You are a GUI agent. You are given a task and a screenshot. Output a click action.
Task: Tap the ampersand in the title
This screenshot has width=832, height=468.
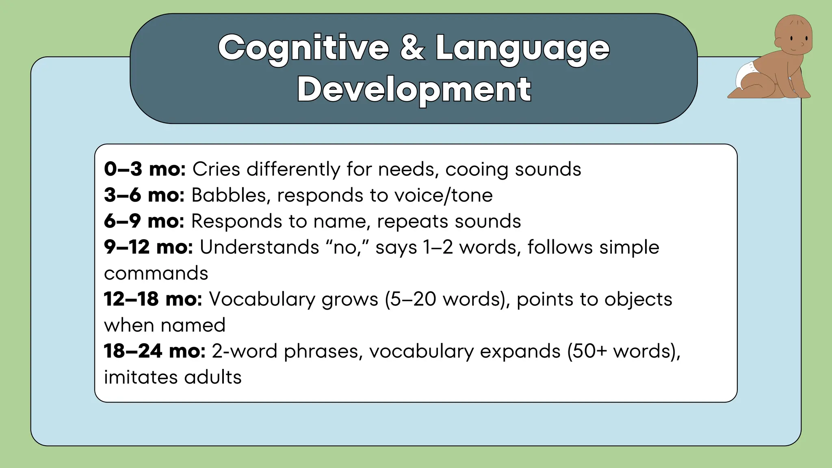412,48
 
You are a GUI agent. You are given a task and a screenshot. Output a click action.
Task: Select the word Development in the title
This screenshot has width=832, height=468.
414,89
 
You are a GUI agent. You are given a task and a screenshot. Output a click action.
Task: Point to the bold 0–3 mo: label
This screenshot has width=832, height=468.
145,169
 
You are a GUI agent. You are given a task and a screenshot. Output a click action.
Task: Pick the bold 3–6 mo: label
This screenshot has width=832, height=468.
144,195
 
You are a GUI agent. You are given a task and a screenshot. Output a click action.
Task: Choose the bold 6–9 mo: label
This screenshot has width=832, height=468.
144,221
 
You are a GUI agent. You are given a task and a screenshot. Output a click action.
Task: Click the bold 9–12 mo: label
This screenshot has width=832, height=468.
148,247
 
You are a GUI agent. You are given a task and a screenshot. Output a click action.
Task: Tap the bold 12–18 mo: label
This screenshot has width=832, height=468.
153,299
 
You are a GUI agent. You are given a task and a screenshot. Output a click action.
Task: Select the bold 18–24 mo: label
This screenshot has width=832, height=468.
154,351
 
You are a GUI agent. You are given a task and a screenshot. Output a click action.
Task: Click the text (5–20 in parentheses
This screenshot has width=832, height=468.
410,299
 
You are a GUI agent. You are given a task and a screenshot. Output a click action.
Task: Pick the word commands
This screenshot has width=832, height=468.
156,273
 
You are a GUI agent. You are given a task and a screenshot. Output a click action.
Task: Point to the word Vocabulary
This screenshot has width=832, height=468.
262,299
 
